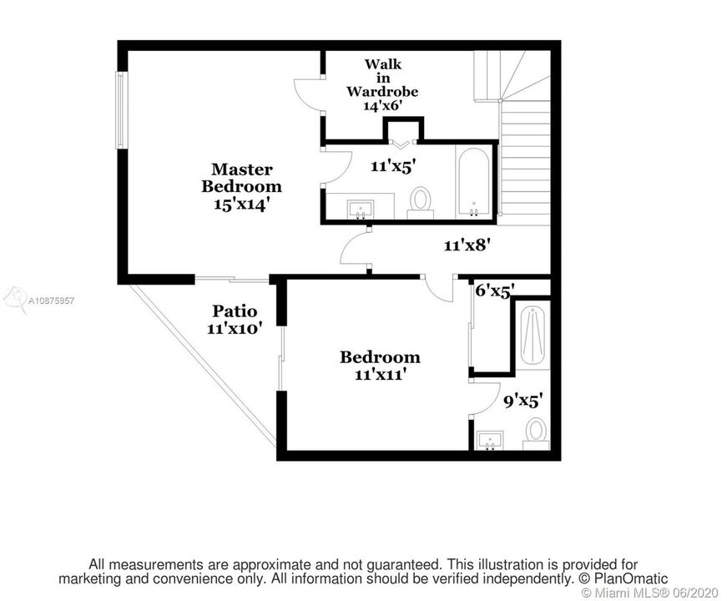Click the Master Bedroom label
(241, 178)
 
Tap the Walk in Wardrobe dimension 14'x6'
(382, 106)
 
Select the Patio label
(235, 311)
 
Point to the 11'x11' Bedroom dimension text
(381, 374)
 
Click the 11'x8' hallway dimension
(467, 245)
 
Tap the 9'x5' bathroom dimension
(523, 402)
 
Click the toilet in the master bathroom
(421, 203)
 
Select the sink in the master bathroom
(361, 210)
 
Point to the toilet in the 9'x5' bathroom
(537, 433)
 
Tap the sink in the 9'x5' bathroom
(490, 440)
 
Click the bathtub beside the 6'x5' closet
(533, 336)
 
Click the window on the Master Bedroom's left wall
(120, 110)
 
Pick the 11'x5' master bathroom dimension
(391, 166)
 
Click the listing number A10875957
(51, 300)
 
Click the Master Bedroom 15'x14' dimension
(241, 205)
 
